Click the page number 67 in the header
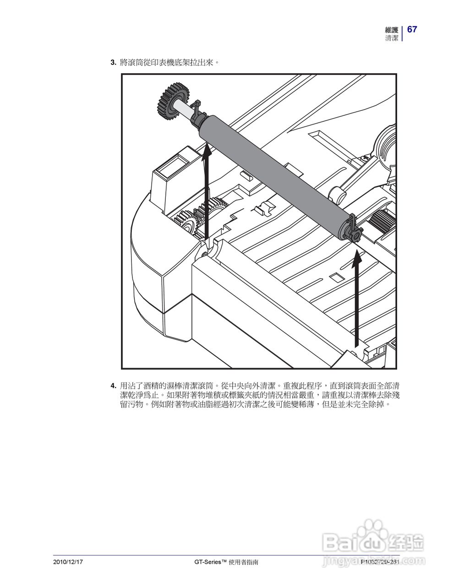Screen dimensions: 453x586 412,29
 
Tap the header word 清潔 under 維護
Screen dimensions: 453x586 392,38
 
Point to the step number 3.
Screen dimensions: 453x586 113,62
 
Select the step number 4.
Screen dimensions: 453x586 113,385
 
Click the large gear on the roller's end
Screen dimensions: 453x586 173,102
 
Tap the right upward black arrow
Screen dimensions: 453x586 356,298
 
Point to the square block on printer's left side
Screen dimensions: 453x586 172,167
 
